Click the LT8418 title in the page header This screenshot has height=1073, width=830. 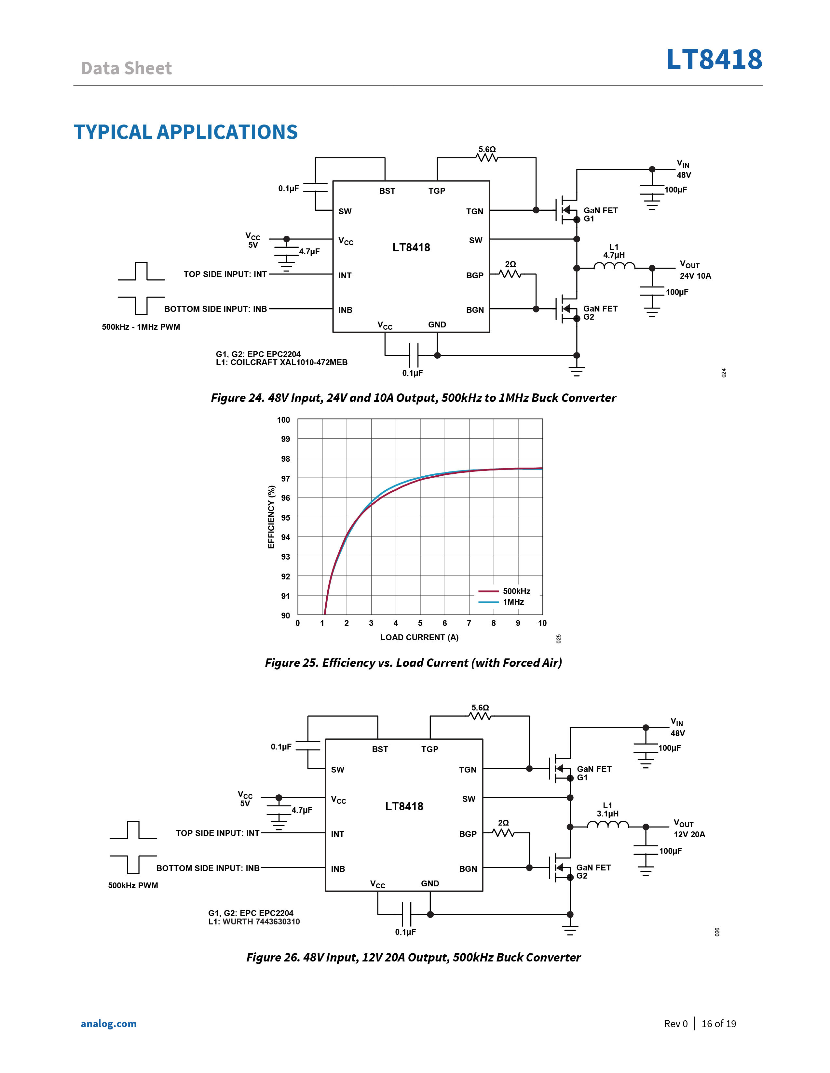tap(714, 60)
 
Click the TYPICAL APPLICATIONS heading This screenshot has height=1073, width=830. tap(186, 132)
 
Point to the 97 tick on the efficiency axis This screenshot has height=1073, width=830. tap(286, 478)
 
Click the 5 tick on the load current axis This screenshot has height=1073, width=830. tap(420, 623)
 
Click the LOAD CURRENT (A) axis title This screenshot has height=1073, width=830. tap(419, 637)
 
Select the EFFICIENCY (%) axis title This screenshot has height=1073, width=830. tap(271, 517)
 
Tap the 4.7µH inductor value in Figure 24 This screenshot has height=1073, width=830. tap(614, 255)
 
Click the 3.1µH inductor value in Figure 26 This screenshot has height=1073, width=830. tap(608, 814)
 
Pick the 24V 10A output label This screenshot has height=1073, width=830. tap(695, 276)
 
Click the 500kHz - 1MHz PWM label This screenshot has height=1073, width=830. tap(141, 327)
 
